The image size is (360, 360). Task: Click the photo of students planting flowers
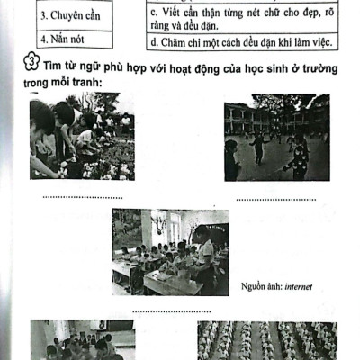click(81, 139)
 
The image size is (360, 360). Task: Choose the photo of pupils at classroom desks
click(164, 253)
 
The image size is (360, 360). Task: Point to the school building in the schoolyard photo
click(256, 117)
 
